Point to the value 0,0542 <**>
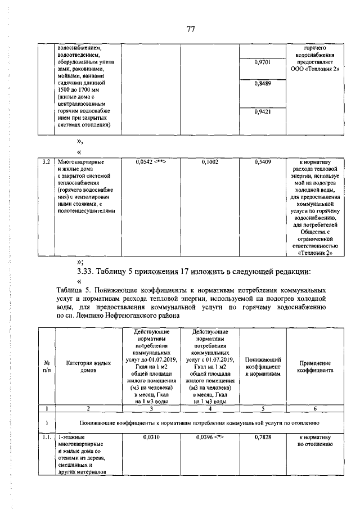[x=150, y=162]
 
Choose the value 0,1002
[x=209, y=162]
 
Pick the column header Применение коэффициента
[x=314, y=367]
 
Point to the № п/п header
[x=47, y=367]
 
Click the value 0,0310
[x=150, y=436]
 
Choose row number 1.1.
[x=47, y=436]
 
